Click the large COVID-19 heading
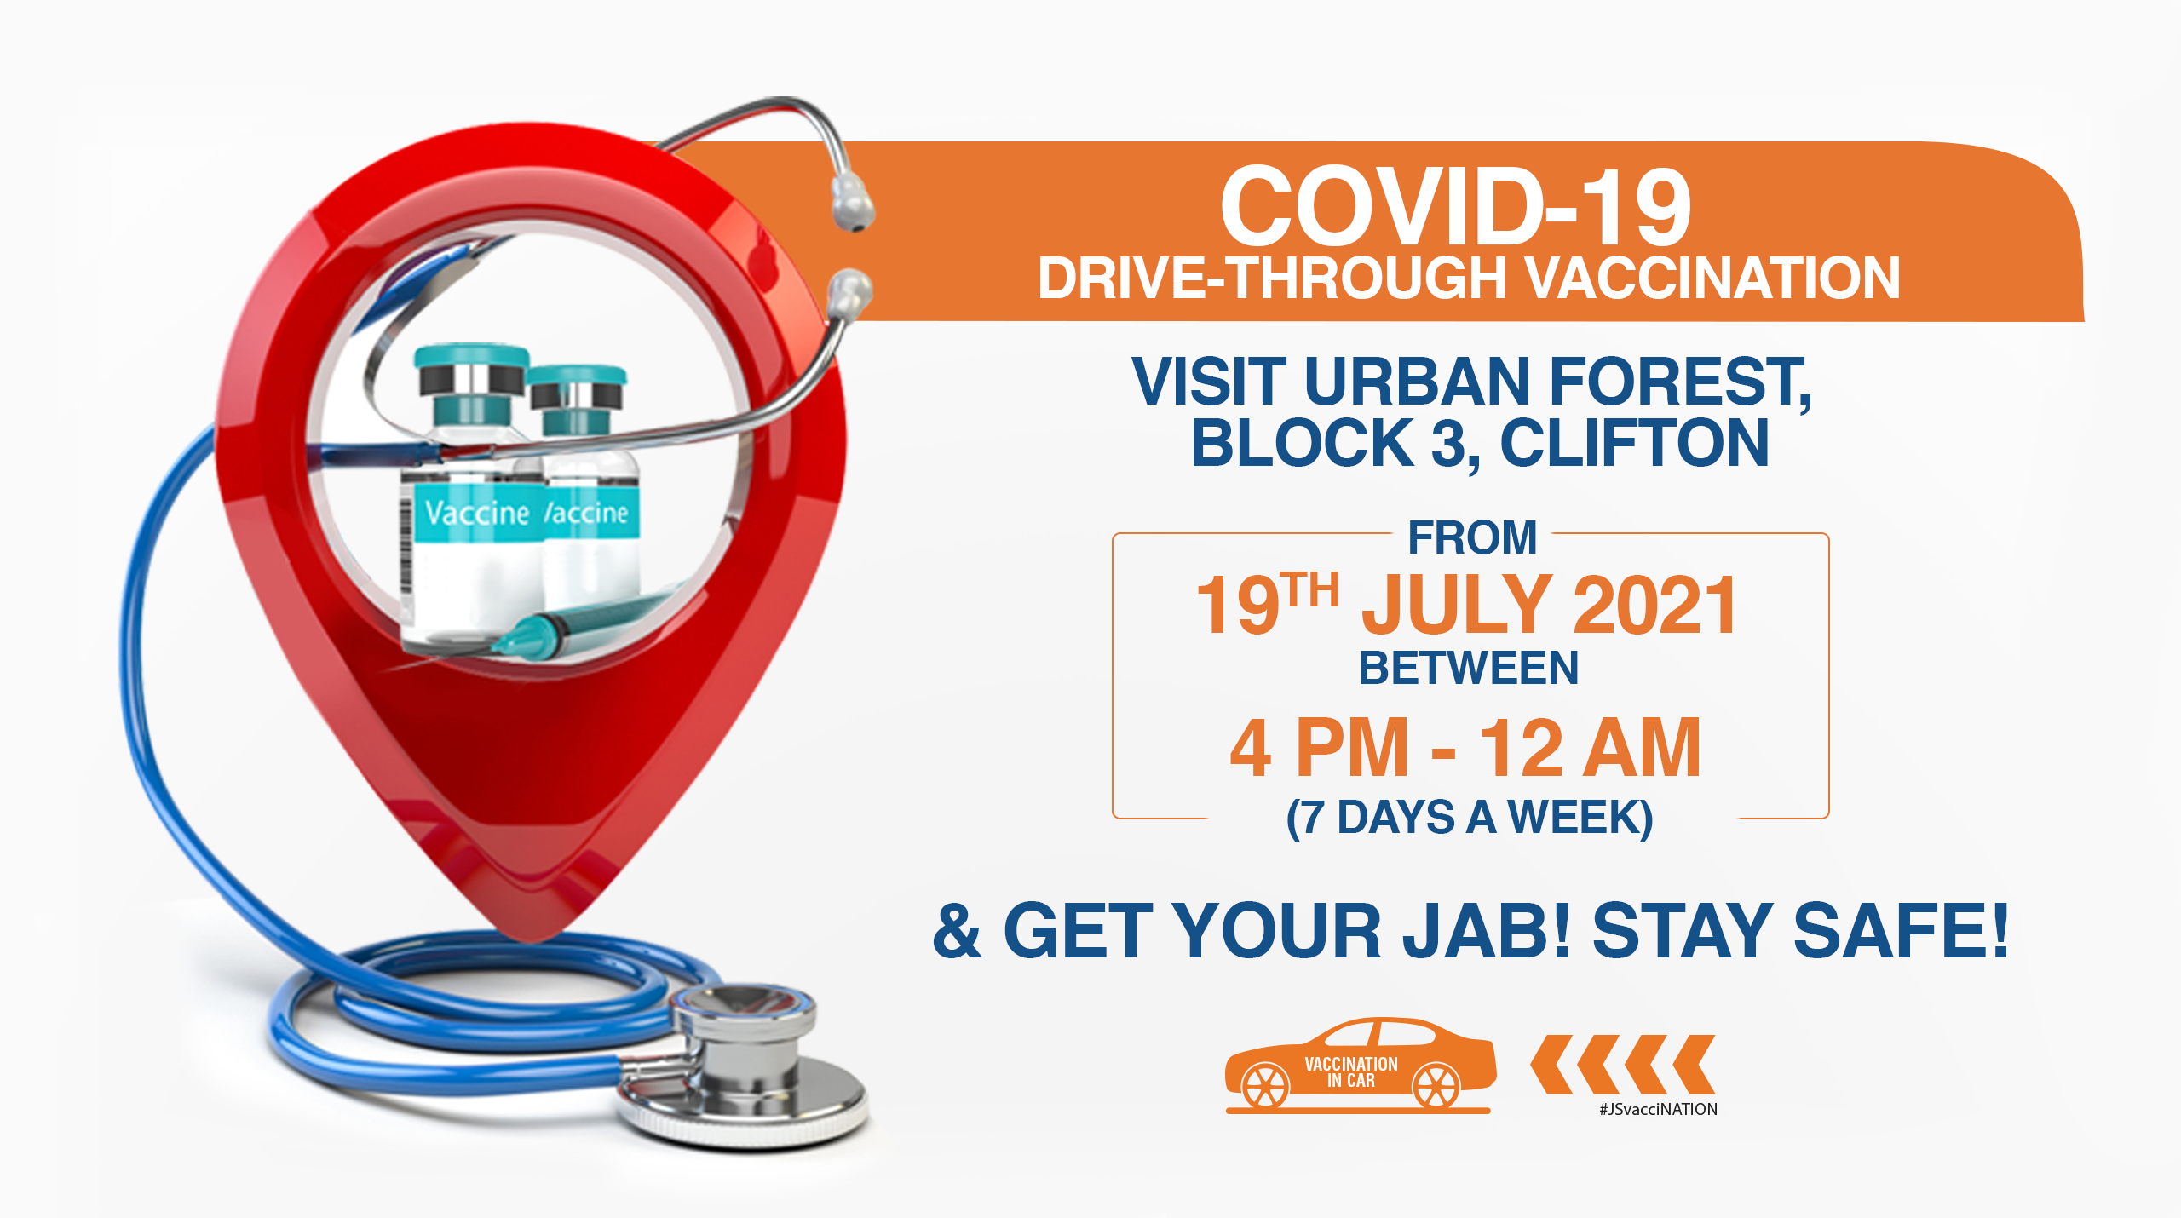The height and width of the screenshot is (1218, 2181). click(1455, 206)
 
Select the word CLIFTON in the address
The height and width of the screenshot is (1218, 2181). click(1634, 443)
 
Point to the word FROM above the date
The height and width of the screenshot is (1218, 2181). click(1472, 537)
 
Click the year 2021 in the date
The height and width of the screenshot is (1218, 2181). click(1654, 605)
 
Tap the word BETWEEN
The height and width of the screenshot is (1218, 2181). click(1469, 668)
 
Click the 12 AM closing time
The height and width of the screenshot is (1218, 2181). click(1590, 748)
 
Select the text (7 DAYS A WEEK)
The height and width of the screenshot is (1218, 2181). click(1470, 818)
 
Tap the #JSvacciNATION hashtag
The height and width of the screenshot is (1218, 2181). click(1658, 1109)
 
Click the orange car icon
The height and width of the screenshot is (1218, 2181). click(1360, 1065)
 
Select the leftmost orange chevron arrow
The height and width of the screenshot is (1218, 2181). click(1552, 1064)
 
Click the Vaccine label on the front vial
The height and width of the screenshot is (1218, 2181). click(477, 513)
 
